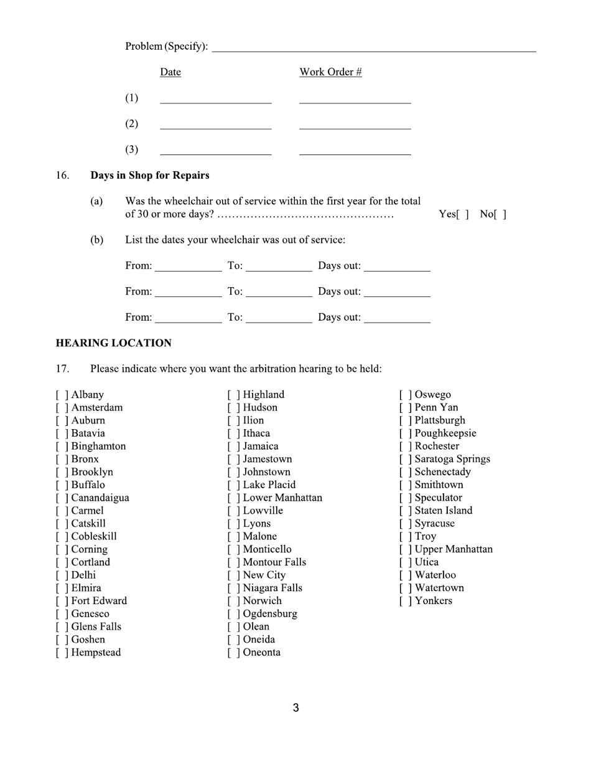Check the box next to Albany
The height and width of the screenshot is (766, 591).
tap(62, 395)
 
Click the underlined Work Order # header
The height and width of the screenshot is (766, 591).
tap(330, 72)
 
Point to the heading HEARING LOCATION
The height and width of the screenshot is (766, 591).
tap(113, 343)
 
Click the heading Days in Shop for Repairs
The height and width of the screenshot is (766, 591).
tap(150, 176)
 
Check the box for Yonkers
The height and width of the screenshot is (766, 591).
tap(405, 601)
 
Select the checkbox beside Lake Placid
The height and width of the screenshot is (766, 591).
tap(233, 485)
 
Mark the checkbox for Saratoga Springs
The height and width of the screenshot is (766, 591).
tap(405, 459)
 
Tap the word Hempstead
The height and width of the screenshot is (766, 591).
tap(96, 653)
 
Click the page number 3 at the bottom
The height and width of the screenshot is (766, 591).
tap(295, 708)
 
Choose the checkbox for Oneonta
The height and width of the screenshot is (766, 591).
tap(233, 653)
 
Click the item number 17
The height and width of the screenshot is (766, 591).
tap(62, 369)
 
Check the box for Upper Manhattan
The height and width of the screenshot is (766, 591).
tap(405, 549)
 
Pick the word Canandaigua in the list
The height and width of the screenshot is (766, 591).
tap(100, 498)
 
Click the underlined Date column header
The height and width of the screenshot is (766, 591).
tap(170, 72)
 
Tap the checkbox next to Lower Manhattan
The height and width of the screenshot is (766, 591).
tap(233, 498)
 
